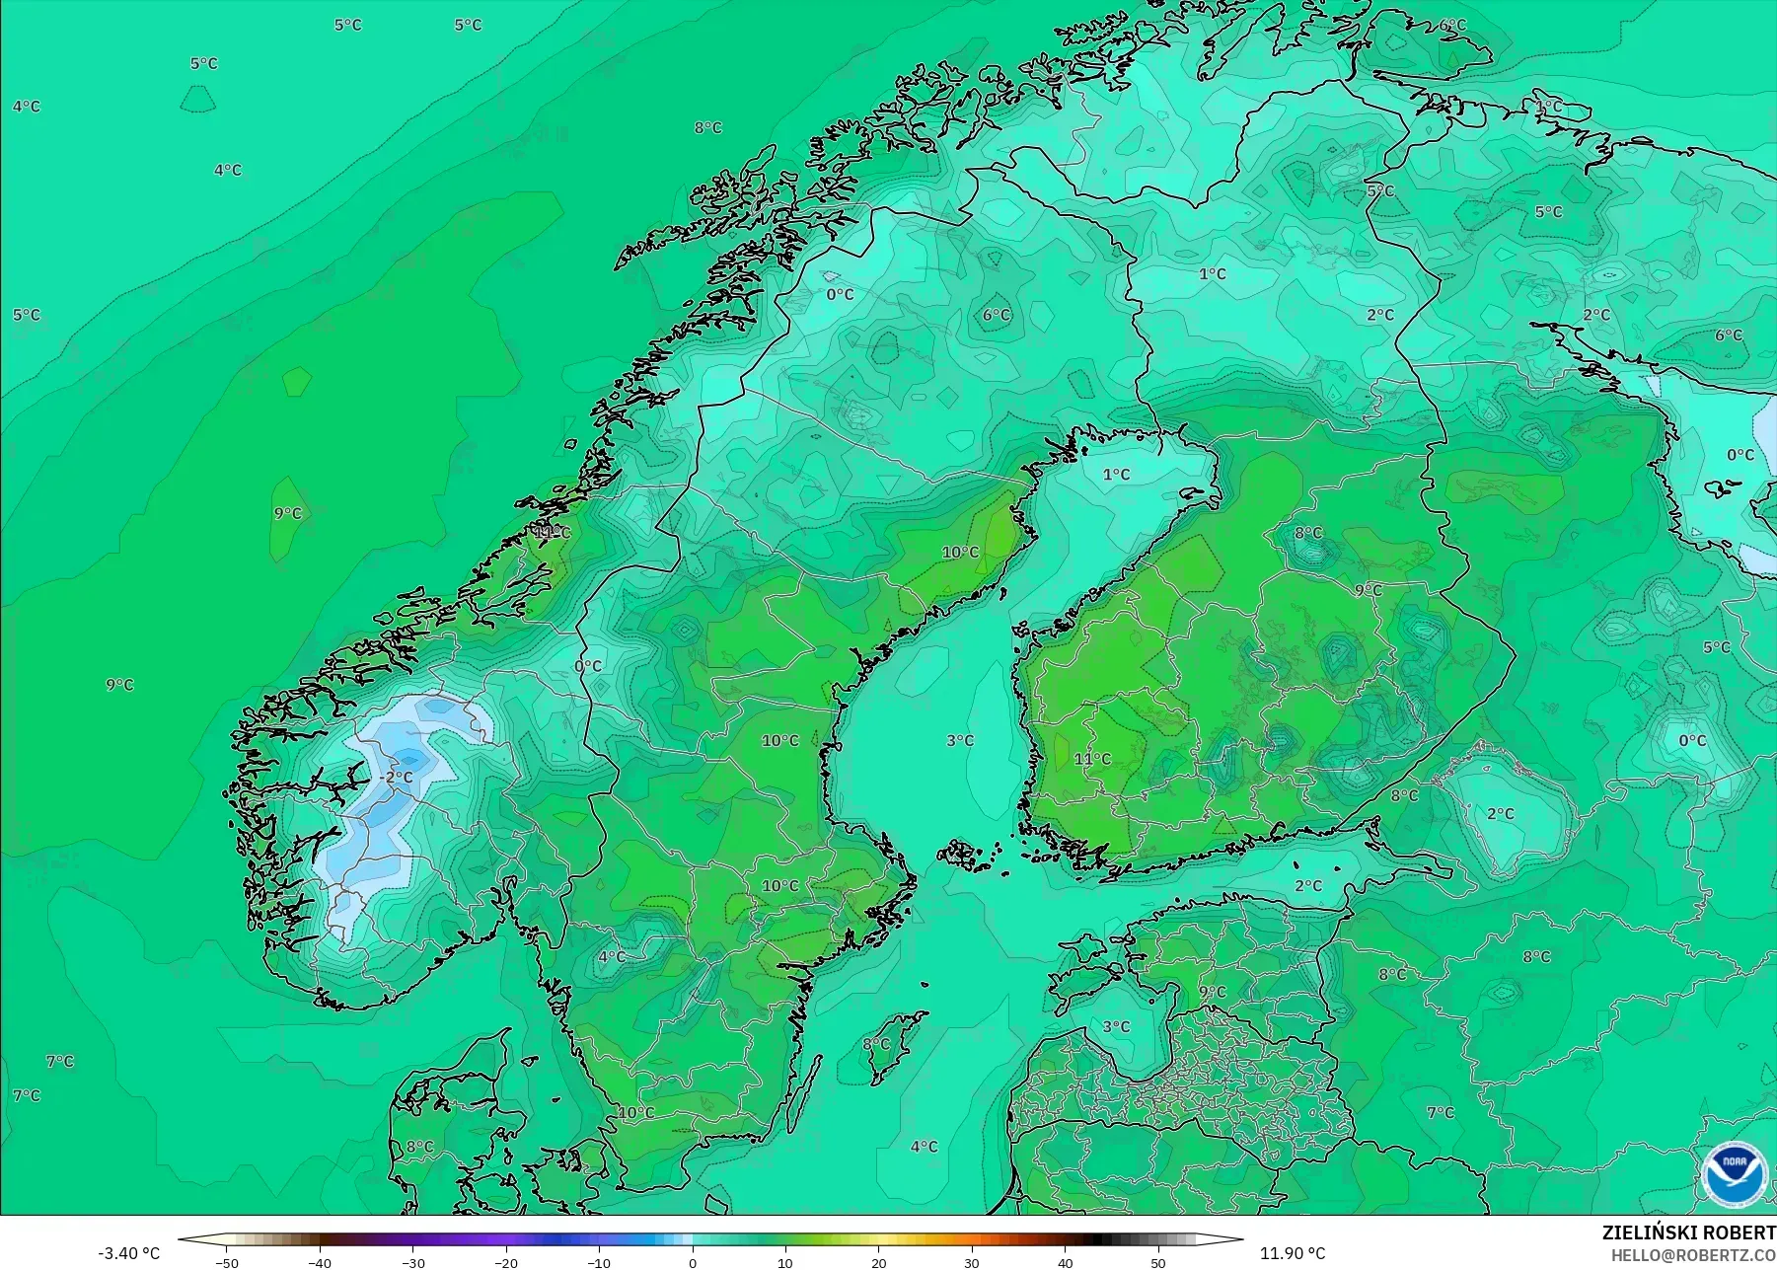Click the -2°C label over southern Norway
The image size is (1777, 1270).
pyautogui.click(x=397, y=778)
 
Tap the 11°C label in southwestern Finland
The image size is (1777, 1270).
pyautogui.click(x=1092, y=759)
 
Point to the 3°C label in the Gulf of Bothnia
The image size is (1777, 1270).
pyautogui.click(x=960, y=740)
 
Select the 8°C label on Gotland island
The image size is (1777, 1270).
pyautogui.click(x=876, y=1044)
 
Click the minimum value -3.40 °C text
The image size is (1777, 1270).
pyautogui.click(x=128, y=1253)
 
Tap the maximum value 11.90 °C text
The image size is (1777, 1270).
pyautogui.click(x=1293, y=1253)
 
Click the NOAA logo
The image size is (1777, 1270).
pyautogui.click(x=1733, y=1173)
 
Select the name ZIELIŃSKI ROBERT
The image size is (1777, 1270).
pyautogui.click(x=1688, y=1233)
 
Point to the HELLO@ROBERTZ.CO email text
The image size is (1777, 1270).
pyautogui.click(x=1693, y=1255)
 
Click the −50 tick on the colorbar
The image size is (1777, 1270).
pyautogui.click(x=227, y=1263)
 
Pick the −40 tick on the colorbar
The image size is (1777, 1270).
pyautogui.click(x=320, y=1263)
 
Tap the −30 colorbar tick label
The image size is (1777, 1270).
pyautogui.click(x=413, y=1263)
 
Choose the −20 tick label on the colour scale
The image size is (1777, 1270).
pyautogui.click(x=506, y=1263)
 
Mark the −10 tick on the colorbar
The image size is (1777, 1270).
pyautogui.click(x=599, y=1263)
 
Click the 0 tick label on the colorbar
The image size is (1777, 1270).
pyautogui.click(x=693, y=1263)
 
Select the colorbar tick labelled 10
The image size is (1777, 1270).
pyautogui.click(x=785, y=1263)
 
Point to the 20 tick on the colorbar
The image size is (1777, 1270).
pyautogui.click(x=878, y=1263)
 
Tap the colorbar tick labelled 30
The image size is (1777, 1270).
pyautogui.click(x=972, y=1263)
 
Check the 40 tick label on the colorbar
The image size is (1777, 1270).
pyautogui.click(x=1065, y=1263)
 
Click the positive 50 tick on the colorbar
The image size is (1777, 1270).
pyautogui.click(x=1157, y=1263)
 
